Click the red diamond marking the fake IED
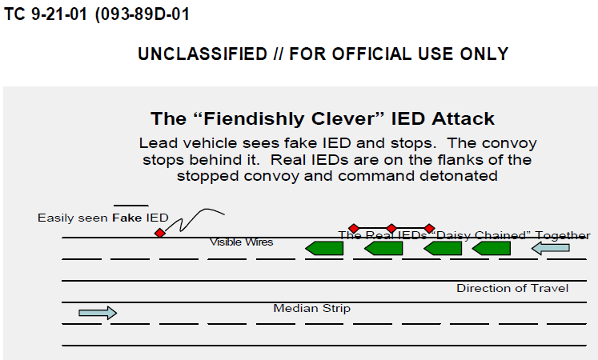(x=160, y=232)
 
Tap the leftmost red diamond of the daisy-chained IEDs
(x=354, y=229)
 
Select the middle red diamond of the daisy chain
(x=391, y=229)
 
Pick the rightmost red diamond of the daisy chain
(x=429, y=229)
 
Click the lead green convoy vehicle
(x=324, y=249)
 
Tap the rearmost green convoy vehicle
(x=492, y=249)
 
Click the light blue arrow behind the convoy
(x=551, y=249)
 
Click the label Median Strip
(x=311, y=308)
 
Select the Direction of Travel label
(x=512, y=288)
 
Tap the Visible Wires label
(x=241, y=242)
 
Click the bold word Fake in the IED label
(x=126, y=218)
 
